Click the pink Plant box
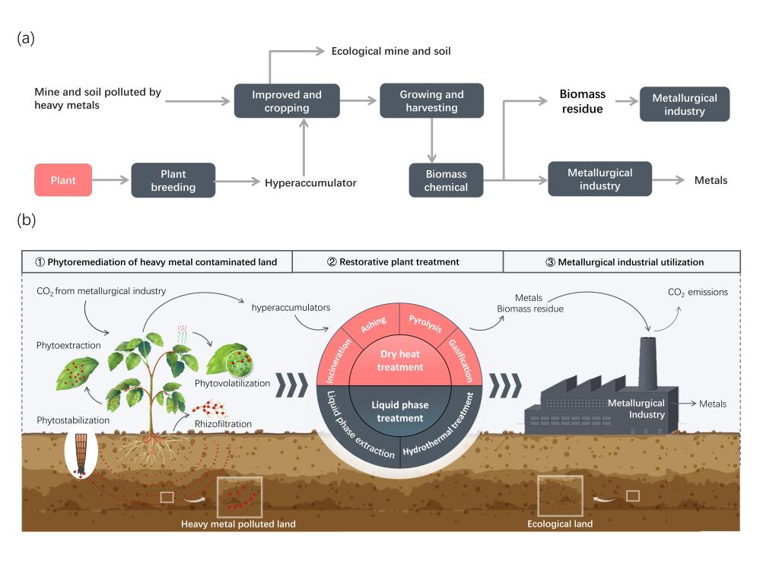pyautogui.click(x=63, y=180)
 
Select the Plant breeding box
pyautogui.click(x=173, y=180)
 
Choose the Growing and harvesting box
pyautogui.click(x=431, y=100)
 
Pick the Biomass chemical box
pyautogui.click(x=446, y=180)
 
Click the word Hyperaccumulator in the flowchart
pyautogui.click(x=310, y=182)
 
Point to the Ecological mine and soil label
pyautogui.click(x=391, y=51)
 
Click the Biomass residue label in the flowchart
pyautogui.click(x=582, y=101)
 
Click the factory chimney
pyautogui.click(x=649, y=361)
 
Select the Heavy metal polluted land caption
pyautogui.click(x=238, y=524)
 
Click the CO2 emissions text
pyautogui.click(x=697, y=292)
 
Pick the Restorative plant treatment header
pyautogui.click(x=393, y=261)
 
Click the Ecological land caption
pyautogui.click(x=560, y=524)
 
